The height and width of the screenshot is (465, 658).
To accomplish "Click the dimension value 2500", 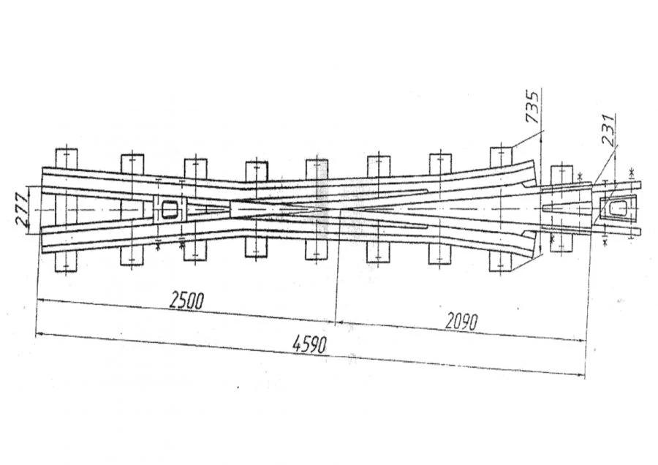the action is (186, 300).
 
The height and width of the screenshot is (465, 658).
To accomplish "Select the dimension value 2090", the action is (461, 322).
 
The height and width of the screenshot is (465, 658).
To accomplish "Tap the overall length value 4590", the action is (310, 345).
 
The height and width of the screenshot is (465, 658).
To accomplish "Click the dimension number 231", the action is (608, 129).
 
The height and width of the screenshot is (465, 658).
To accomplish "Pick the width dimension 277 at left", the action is (23, 209).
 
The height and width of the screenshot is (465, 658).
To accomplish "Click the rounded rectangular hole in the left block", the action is (170, 209).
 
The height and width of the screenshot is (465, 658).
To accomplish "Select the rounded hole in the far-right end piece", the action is (618, 208).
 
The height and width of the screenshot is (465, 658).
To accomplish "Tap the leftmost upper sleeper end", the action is (66, 158).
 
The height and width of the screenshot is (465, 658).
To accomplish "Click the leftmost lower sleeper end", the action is (66, 262).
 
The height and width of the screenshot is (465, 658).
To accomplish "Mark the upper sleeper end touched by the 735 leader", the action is (501, 156).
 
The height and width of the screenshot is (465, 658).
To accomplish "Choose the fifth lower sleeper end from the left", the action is (317, 251).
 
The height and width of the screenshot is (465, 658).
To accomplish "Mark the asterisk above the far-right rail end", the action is (631, 172).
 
